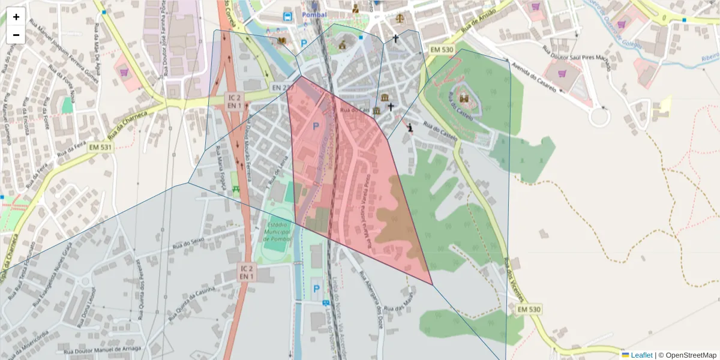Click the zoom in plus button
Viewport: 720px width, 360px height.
(16, 17)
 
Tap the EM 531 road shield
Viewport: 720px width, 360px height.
(100, 147)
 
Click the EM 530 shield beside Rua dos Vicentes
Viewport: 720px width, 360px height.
(529, 309)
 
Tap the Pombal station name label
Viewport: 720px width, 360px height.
(314, 14)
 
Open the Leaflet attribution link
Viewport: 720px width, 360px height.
(641, 355)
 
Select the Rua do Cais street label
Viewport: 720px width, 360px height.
(354, 110)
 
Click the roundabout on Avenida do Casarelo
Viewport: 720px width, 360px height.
(599, 117)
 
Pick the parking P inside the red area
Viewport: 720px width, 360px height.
(316, 127)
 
